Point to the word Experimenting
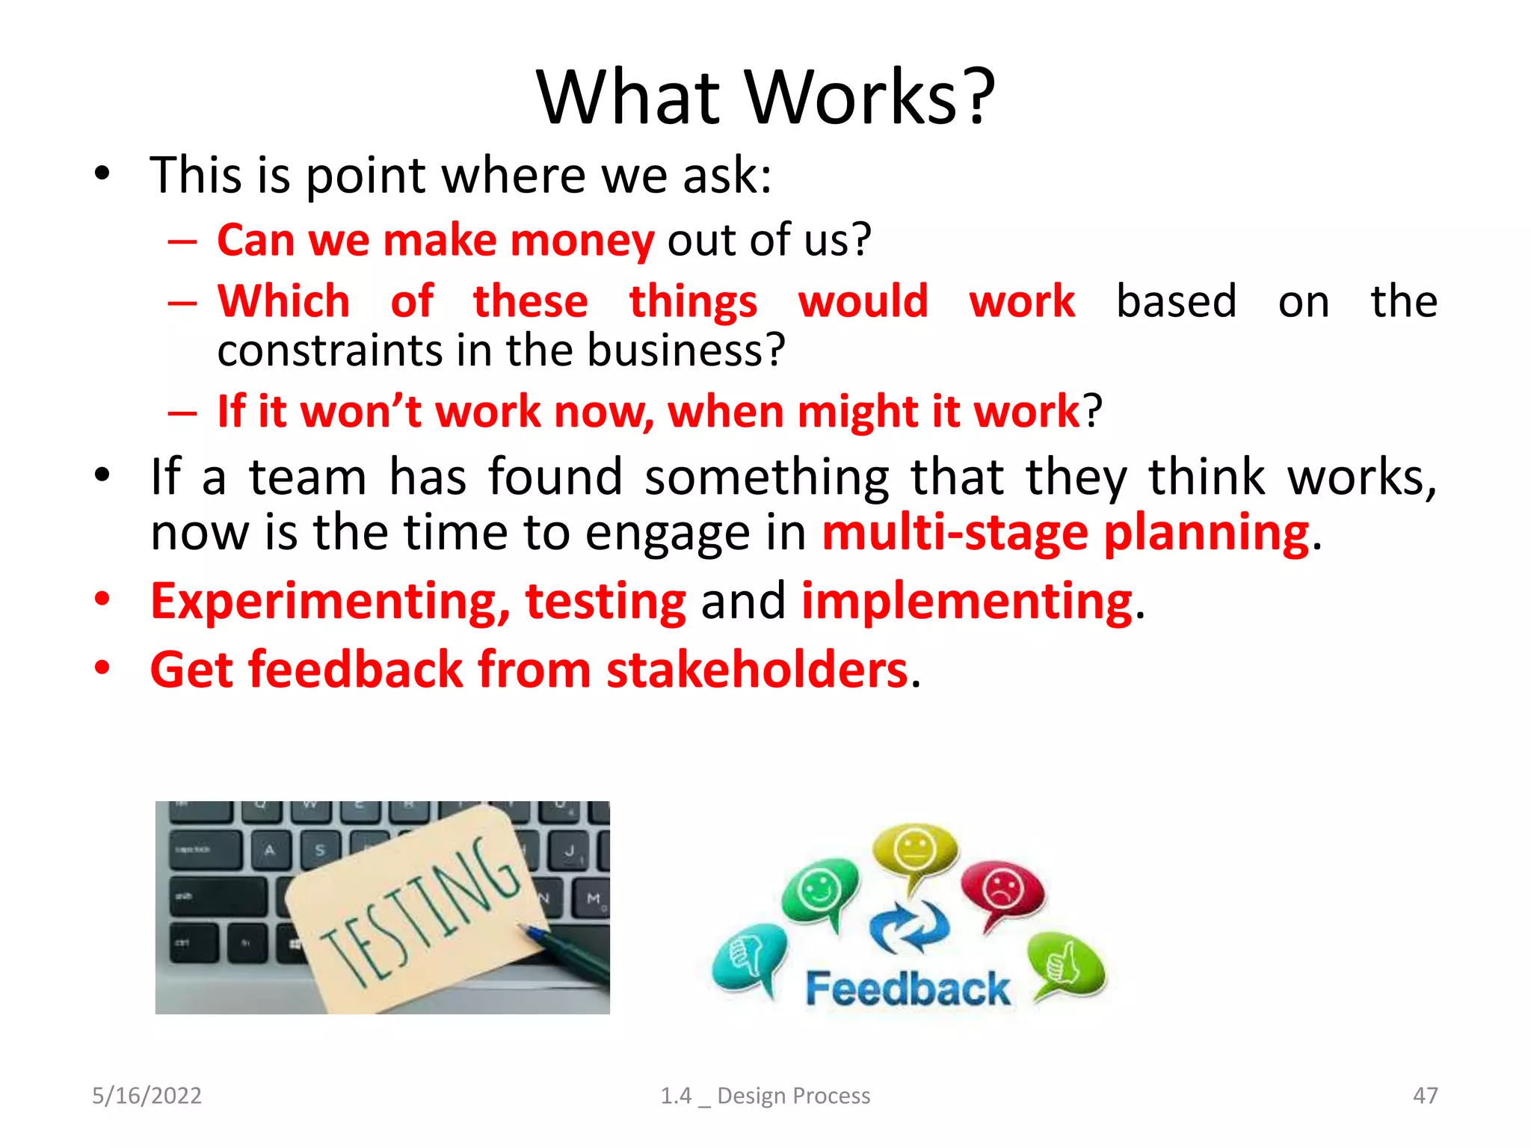point(329,602)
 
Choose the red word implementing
point(967,602)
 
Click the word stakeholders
point(757,670)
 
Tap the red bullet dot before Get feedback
point(102,667)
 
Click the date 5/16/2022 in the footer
point(147,1096)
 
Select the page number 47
point(1425,1096)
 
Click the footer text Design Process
point(793,1096)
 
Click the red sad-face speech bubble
point(1002,891)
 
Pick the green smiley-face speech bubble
point(819,891)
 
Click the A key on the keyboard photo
point(270,850)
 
